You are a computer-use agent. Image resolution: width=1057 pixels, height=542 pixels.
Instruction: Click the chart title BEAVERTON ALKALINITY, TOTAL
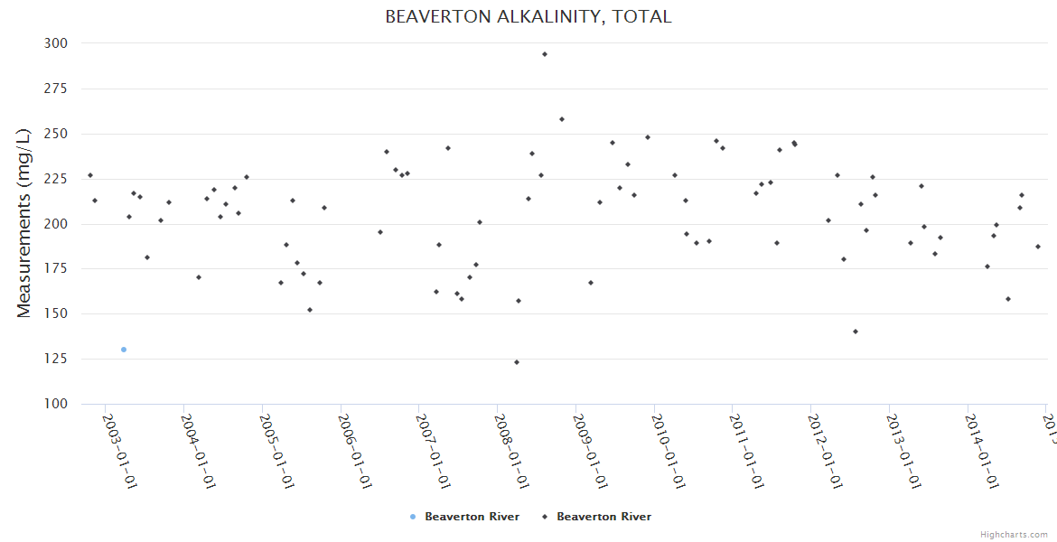(x=528, y=16)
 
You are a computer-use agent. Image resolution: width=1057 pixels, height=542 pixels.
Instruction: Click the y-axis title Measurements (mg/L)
(x=24, y=224)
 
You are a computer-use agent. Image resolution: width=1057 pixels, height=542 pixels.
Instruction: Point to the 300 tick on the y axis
(x=55, y=43)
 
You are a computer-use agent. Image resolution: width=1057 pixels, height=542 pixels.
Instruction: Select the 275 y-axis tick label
(x=55, y=89)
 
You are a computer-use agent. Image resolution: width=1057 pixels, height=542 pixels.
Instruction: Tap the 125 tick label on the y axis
(x=55, y=360)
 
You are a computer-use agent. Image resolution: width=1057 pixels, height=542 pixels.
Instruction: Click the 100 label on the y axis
(x=55, y=404)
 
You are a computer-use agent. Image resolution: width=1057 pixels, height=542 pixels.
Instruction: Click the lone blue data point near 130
(x=124, y=350)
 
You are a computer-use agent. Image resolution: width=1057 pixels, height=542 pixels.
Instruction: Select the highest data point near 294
(x=545, y=54)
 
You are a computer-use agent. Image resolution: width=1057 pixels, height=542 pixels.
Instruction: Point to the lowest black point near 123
(x=517, y=362)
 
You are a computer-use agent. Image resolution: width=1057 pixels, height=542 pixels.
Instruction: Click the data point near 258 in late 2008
(x=562, y=119)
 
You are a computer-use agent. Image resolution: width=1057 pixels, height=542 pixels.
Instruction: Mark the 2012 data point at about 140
(x=856, y=332)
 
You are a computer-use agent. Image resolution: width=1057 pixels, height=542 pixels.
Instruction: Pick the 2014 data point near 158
(x=1008, y=299)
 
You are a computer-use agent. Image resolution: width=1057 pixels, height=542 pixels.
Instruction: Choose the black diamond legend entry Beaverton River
(x=597, y=517)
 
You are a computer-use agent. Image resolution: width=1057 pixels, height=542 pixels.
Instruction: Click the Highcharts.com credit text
(x=1014, y=535)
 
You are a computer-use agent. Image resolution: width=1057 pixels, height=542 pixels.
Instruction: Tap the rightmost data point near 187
(x=1038, y=247)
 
